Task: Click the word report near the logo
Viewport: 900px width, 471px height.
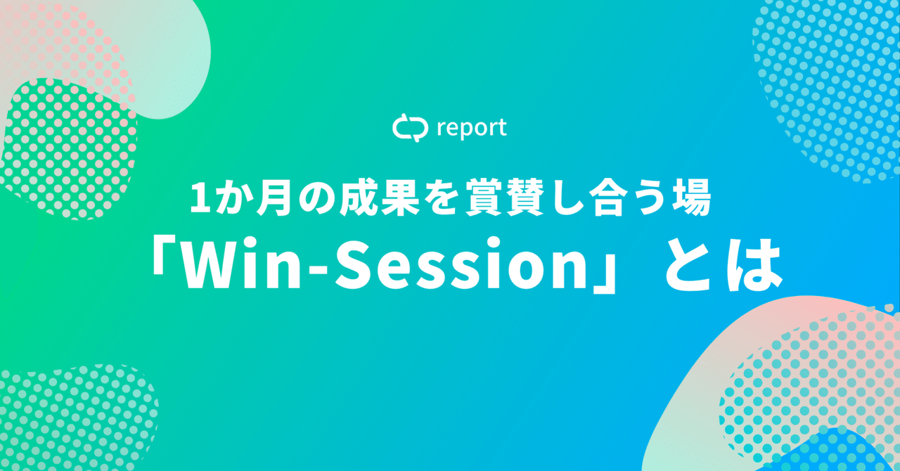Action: point(471,129)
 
